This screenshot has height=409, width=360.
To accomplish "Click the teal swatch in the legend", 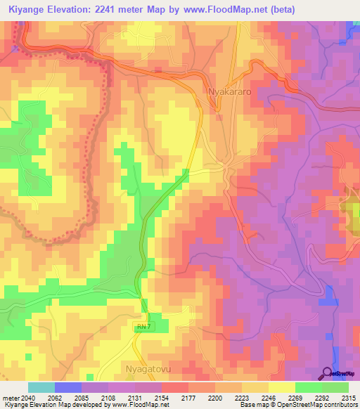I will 41,387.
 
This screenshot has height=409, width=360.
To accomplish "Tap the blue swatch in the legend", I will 67,387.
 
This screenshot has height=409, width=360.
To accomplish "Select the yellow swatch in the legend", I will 281,387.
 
